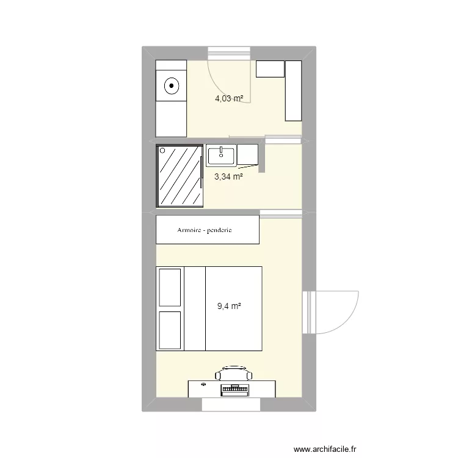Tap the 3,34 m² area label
[x=228, y=177]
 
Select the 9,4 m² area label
[x=229, y=307]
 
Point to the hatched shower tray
[x=180, y=176]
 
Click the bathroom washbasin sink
[x=220, y=156]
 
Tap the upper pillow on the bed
[x=170, y=286]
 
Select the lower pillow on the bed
[x=170, y=330]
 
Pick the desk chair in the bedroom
[x=233, y=373]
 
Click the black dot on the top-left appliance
[x=172, y=86]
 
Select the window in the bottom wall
[x=231, y=404]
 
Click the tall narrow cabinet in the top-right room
[x=294, y=90]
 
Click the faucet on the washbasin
[x=220, y=149]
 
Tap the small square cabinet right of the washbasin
[x=248, y=155]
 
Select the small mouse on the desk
[x=202, y=385]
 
